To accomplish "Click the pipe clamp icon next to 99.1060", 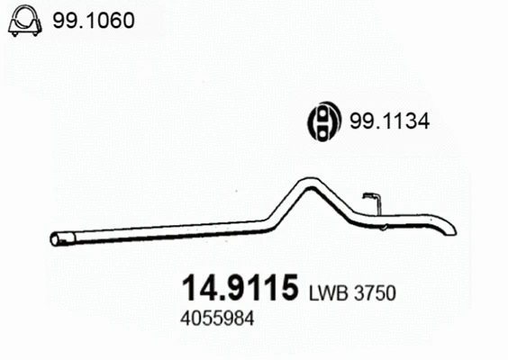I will [24, 22].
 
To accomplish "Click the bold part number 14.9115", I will [240, 288].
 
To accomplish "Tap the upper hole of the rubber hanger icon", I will [323, 114].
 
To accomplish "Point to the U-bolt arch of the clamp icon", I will [24, 12].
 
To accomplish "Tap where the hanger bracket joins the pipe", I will [378, 213].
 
